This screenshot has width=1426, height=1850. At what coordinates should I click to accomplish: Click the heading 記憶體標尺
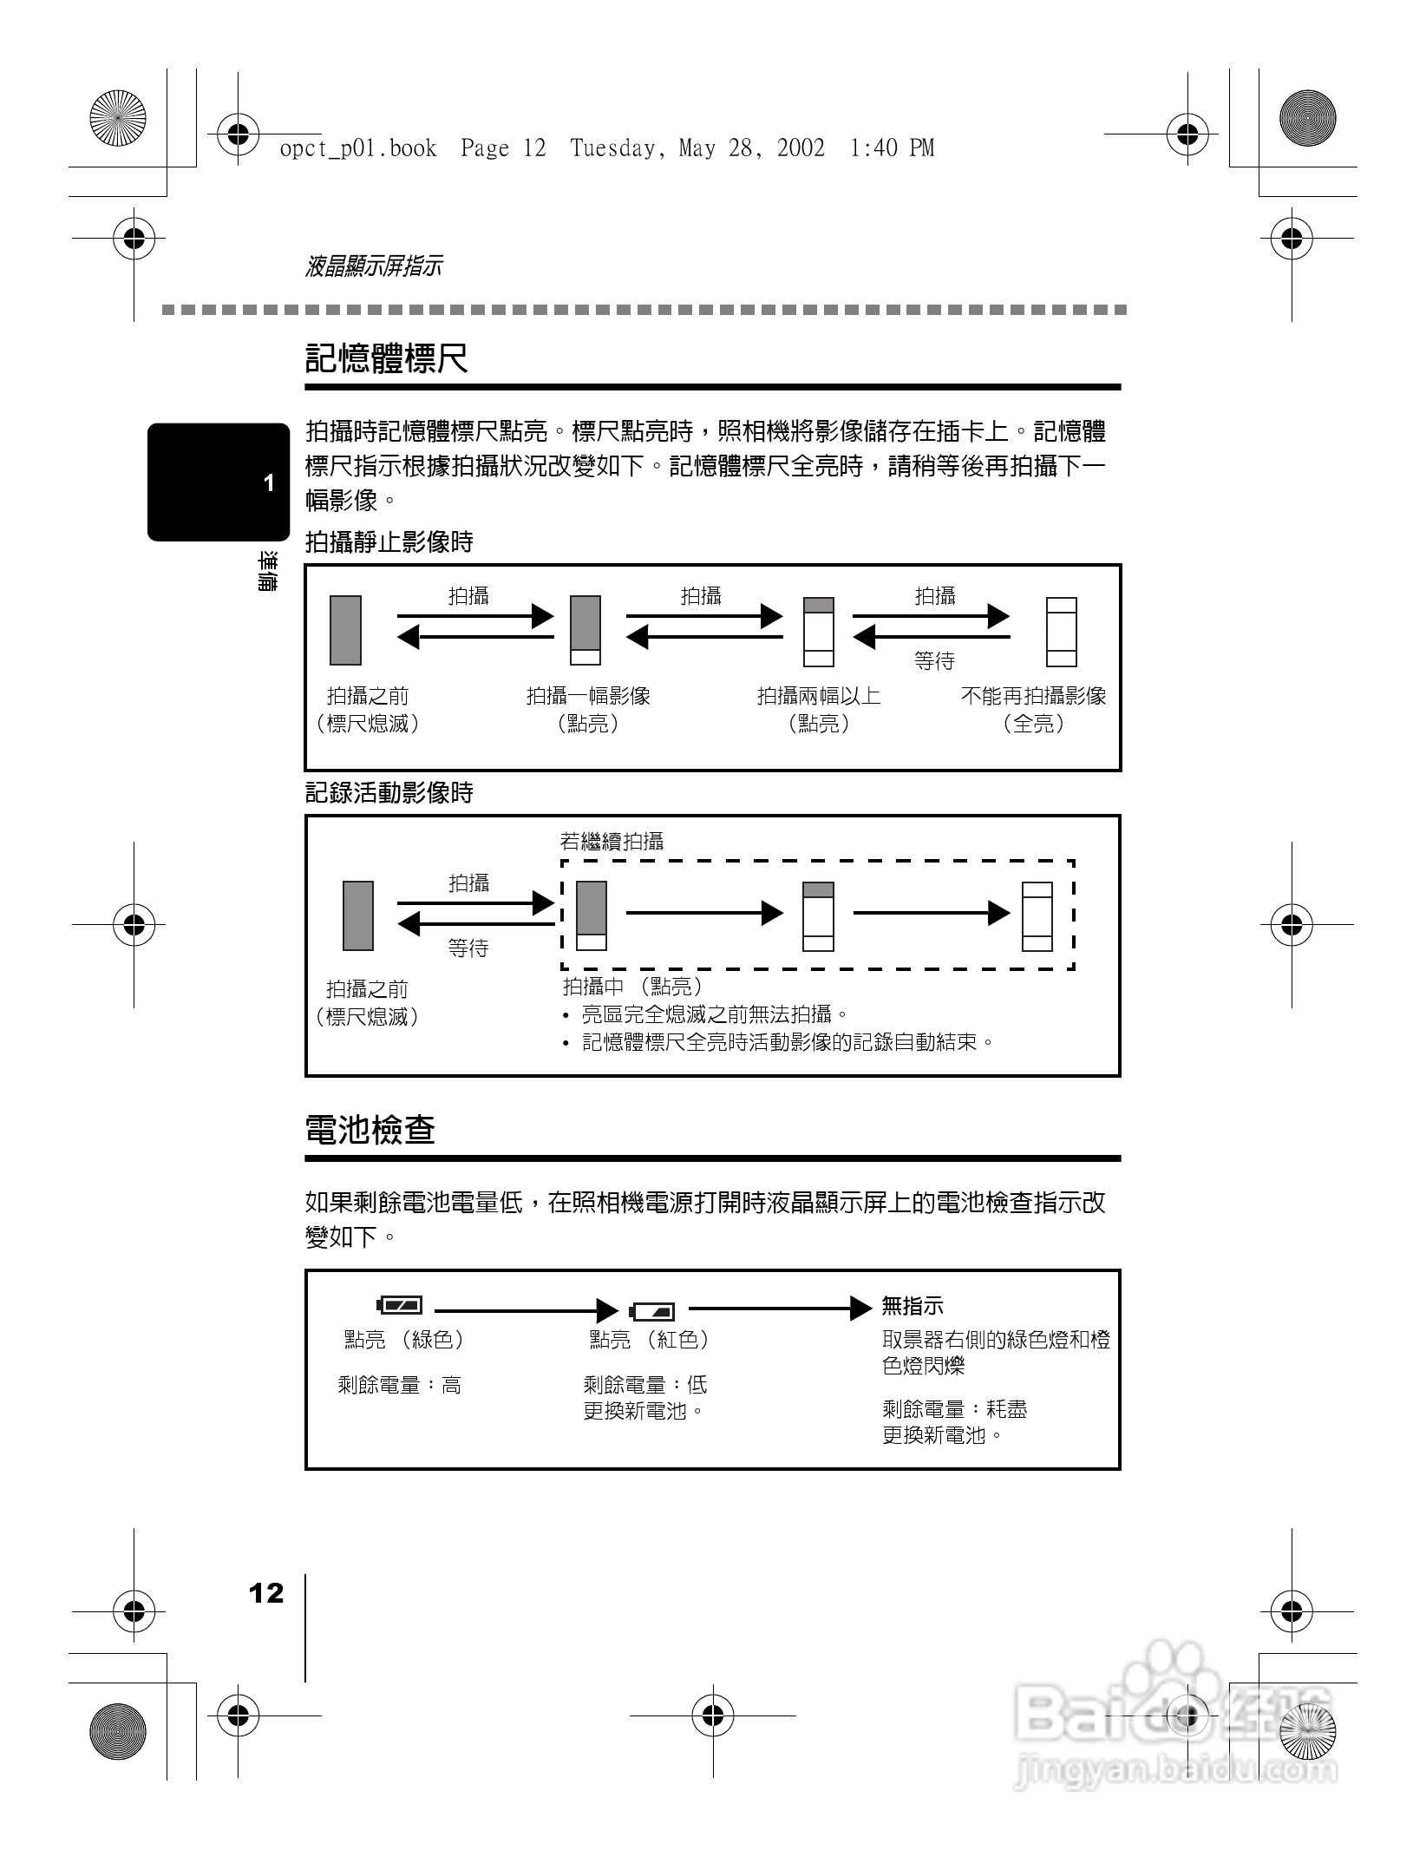tap(387, 358)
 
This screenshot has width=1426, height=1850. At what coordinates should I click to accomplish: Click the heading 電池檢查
tap(370, 1130)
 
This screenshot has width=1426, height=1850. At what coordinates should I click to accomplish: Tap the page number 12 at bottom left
tap(266, 1593)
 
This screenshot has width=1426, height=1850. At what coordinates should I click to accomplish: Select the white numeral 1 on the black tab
tap(269, 483)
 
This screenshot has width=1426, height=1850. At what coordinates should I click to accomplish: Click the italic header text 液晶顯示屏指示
tap(374, 266)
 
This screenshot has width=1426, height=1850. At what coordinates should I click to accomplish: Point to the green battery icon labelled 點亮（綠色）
tap(400, 1305)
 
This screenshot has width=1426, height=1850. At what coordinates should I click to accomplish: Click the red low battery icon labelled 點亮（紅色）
tap(652, 1310)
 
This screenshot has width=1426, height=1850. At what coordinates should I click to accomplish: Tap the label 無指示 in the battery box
tap(912, 1305)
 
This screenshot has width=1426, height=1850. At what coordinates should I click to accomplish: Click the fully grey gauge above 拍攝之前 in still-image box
tap(345, 630)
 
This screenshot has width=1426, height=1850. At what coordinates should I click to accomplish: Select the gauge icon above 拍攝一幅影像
tap(585, 630)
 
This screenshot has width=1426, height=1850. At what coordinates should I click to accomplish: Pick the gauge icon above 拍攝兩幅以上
tap(818, 631)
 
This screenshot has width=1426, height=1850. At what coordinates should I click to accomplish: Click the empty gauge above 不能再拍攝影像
tap(1061, 631)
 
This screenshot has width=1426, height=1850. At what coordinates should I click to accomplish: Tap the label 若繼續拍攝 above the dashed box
tap(612, 841)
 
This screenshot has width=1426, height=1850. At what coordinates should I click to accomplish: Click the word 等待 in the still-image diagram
tap(934, 661)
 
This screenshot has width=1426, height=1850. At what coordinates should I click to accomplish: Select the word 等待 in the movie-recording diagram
tap(468, 948)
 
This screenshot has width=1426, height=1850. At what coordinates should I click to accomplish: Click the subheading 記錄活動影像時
tap(389, 792)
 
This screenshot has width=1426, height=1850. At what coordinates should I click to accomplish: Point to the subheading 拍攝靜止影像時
tap(389, 542)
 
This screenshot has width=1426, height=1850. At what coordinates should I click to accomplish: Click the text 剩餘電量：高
tap(400, 1385)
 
